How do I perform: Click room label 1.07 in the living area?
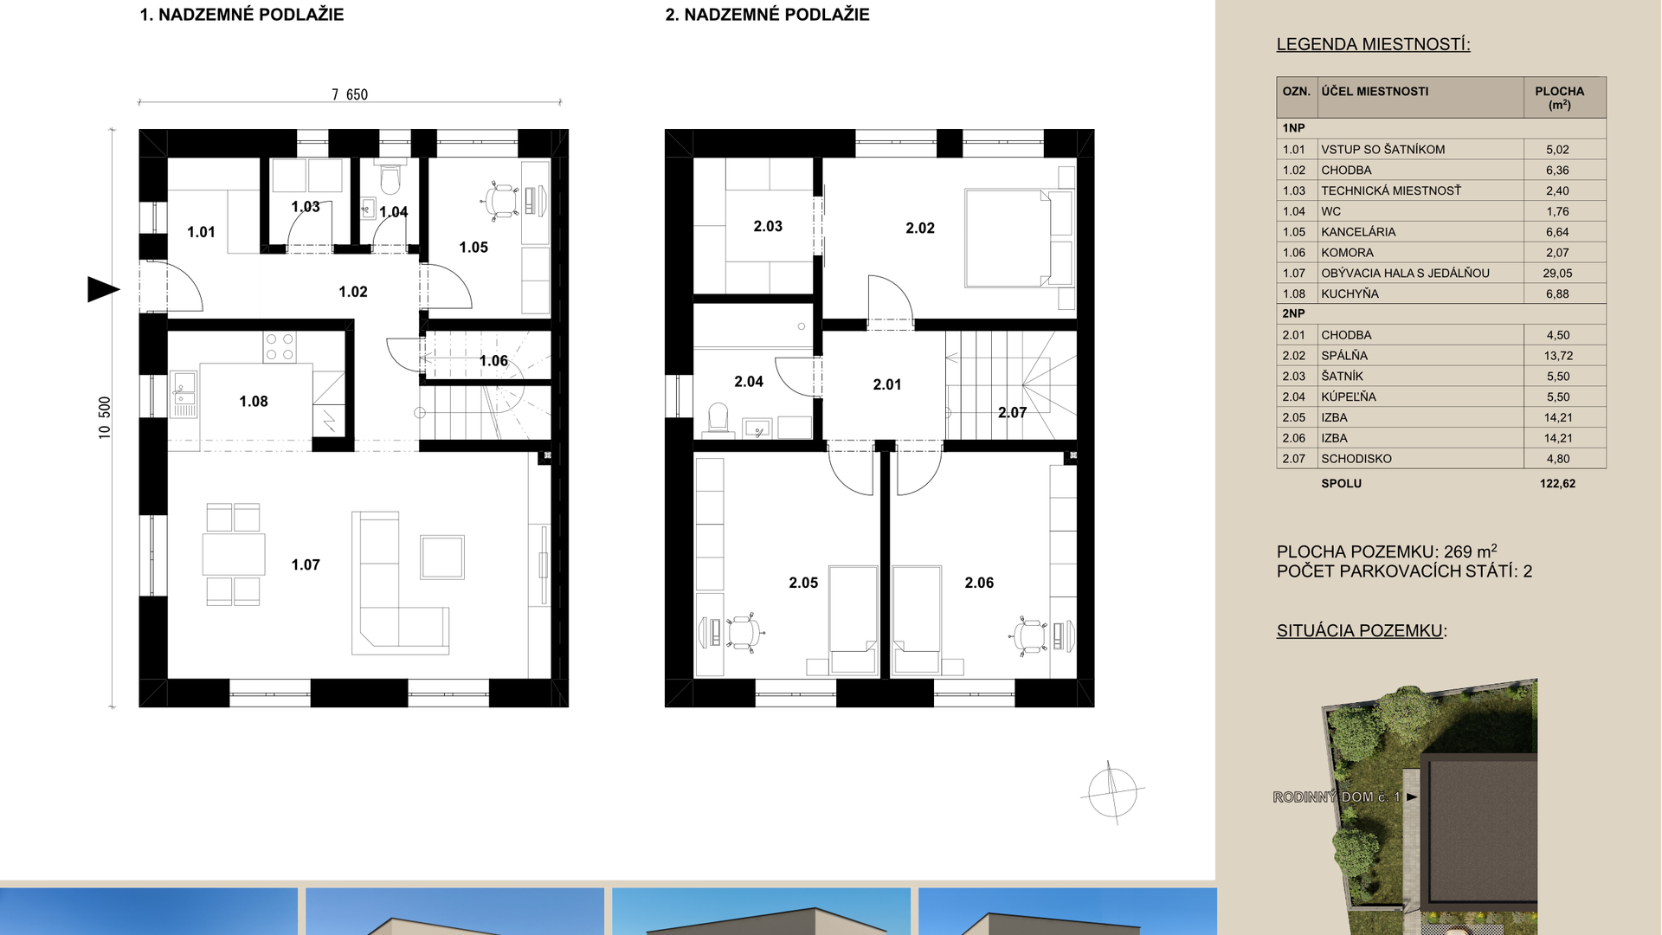click(306, 564)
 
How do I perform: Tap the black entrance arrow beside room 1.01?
click(103, 289)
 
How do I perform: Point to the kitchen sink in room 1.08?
click(184, 394)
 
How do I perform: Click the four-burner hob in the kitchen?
click(280, 347)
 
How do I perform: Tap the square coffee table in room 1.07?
click(442, 557)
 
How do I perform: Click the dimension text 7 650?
click(350, 94)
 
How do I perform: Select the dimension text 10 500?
click(105, 418)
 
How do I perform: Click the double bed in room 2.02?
click(1008, 238)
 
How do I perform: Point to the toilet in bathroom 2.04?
click(718, 418)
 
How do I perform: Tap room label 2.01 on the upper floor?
click(887, 384)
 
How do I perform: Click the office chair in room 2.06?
click(1028, 636)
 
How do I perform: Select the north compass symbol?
click(1112, 792)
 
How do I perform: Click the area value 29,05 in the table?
click(1557, 273)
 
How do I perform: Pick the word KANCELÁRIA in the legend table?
click(1358, 232)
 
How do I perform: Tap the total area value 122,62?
click(1557, 483)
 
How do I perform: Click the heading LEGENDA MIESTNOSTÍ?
click(1373, 44)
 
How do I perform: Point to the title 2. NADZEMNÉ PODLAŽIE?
click(767, 15)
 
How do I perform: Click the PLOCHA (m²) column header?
click(1559, 97)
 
